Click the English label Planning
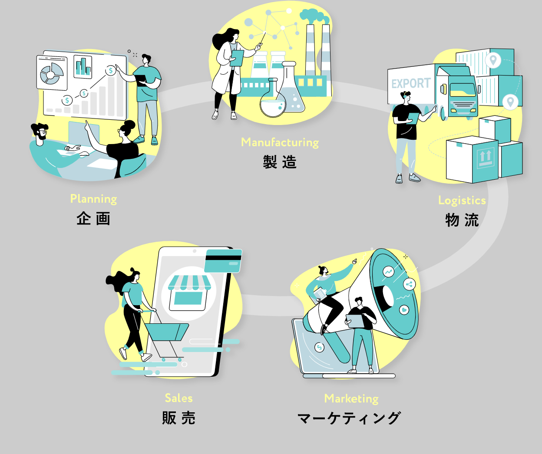point(93,199)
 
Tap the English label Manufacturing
point(280,142)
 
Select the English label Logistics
point(462,200)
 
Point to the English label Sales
point(178,398)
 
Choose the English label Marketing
point(351,398)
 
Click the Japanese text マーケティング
point(349,418)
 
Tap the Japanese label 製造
point(280,162)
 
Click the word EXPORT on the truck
point(411,83)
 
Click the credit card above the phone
point(223,260)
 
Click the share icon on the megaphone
point(409,285)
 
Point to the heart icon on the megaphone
point(404,310)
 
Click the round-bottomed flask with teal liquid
point(272,102)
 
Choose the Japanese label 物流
point(462,220)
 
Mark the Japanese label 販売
point(178,418)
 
